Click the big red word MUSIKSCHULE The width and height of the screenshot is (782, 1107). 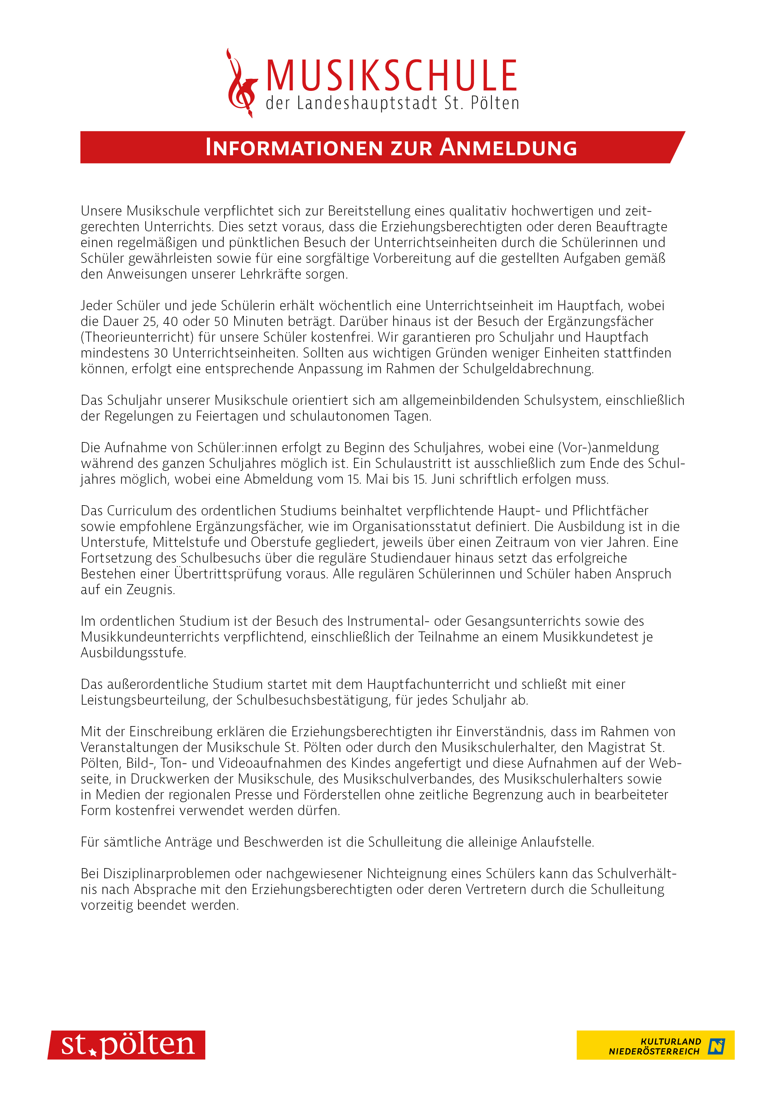391,76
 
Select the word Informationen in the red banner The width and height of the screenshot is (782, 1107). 294,148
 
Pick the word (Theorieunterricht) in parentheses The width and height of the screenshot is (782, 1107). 136,337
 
